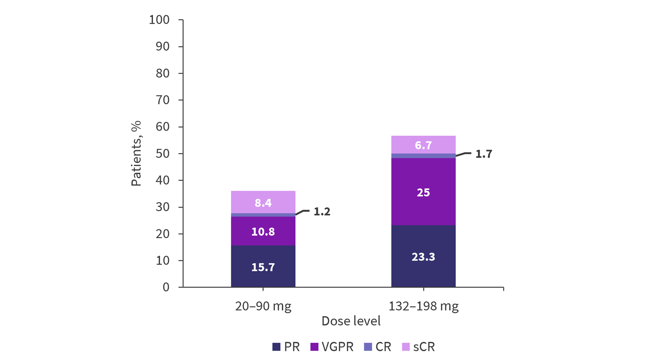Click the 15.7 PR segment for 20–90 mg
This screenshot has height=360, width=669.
click(x=263, y=266)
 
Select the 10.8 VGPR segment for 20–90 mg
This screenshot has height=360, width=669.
click(x=263, y=231)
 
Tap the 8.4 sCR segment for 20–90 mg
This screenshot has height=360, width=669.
click(x=263, y=202)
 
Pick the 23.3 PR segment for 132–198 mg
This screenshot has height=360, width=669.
click(x=423, y=256)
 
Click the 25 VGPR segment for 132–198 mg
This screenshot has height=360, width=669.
click(x=423, y=192)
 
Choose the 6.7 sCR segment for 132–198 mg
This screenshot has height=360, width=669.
click(x=423, y=145)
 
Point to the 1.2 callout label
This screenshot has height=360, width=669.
click(x=322, y=211)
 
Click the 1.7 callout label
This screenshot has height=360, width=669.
click(x=483, y=154)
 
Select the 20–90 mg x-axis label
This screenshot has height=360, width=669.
click(x=263, y=306)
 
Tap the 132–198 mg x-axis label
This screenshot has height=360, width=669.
click(x=423, y=306)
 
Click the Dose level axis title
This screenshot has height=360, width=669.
click(x=351, y=321)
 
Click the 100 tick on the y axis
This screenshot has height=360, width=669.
click(x=159, y=20)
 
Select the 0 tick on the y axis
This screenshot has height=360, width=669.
click(x=166, y=287)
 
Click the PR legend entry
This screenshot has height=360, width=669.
click(x=286, y=347)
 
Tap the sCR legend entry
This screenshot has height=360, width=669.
click(x=418, y=347)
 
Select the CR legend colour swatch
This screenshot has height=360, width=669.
click(x=368, y=347)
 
